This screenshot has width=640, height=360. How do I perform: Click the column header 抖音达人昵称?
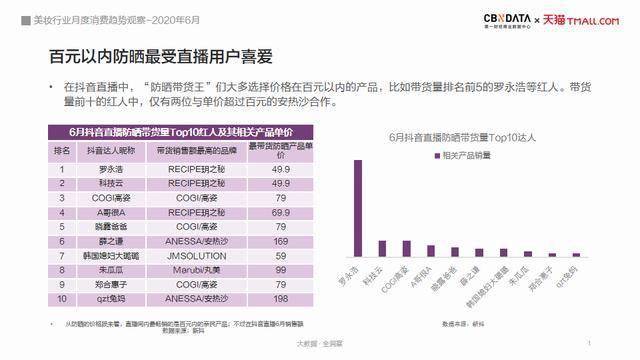tap(111, 149)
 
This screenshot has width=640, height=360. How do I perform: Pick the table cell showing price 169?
tap(281, 241)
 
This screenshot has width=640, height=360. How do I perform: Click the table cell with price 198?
tap(281, 297)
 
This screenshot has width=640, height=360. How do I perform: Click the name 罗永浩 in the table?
tap(111, 169)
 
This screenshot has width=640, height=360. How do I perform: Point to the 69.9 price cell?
tap(281, 212)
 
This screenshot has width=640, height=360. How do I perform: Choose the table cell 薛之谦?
tap(111, 241)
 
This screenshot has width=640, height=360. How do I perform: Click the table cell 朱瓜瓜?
tap(111, 269)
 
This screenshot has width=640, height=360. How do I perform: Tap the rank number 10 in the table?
tap(61, 297)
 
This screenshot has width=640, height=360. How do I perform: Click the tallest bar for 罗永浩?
tap(356, 208)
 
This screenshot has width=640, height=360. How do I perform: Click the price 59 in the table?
tap(281, 255)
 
